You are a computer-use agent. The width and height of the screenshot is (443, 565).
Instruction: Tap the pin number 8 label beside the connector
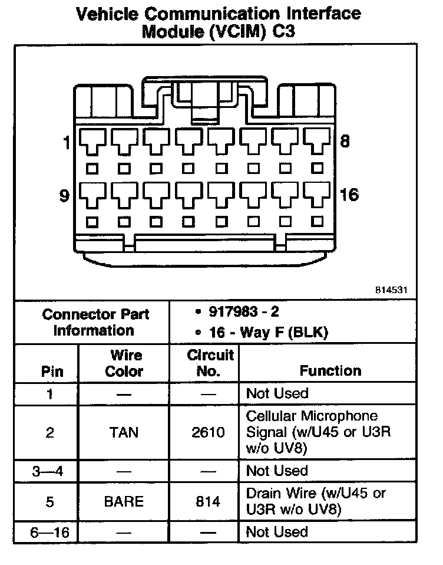coord(345,141)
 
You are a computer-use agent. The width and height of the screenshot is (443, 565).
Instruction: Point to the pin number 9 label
coord(65,195)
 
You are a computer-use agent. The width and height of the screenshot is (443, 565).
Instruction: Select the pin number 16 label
coord(349,195)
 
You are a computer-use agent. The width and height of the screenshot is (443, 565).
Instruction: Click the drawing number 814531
coord(391,290)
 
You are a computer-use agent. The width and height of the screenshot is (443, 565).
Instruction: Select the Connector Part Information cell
coord(95,322)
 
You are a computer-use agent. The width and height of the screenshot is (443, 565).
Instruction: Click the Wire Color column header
coord(124,363)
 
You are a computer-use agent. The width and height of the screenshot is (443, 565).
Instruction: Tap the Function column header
coord(330,371)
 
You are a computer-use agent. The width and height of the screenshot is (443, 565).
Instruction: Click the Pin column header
coord(52,372)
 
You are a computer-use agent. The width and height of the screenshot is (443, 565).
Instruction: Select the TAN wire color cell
coord(124,432)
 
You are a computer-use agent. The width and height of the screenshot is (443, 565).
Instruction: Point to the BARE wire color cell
coord(124,501)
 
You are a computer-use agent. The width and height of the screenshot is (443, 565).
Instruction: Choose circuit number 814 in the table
coord(208,501)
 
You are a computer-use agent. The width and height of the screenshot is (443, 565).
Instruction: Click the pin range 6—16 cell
coord(50,533)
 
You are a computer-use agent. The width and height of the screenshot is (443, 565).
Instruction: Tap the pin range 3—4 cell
coord(50,471)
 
